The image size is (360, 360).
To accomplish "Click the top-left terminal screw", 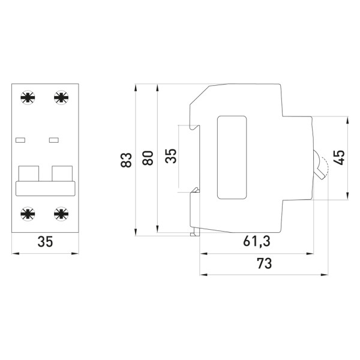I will click(x=28, y=98).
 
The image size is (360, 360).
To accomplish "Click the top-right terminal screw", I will click(x=61, y=98).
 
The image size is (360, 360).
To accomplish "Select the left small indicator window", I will click(x=20, y=140).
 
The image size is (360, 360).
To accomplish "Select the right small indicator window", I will click(x=54, y=140).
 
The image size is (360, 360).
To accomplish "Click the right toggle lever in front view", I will click(x=62, y=173).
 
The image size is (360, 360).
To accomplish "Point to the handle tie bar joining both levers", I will click(x=45, y=188).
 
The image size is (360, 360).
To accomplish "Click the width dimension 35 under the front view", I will click(x=45, y=242).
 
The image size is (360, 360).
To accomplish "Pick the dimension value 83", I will click(x=127, y=160).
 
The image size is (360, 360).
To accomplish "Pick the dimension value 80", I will click(x=148, y=158).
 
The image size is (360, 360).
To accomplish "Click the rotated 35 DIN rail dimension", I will click(x=171, y=157).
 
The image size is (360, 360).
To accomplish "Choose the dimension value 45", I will click(x=339, y=158).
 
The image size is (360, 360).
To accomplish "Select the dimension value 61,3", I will click(x=256, y=242).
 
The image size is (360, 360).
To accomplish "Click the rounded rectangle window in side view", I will click(x=232, y=157).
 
